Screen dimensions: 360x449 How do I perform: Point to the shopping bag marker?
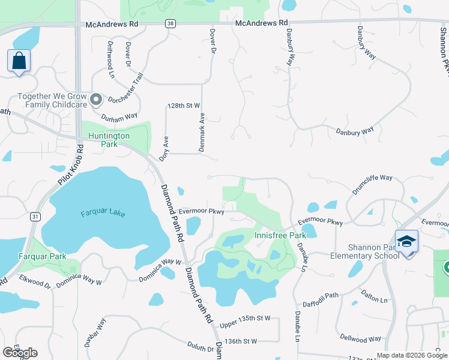[19, 61]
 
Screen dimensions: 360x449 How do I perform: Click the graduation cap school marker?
[406, 242]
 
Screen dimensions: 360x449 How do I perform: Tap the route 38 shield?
[171, 23]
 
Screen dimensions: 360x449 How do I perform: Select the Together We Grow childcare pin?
[96, 100]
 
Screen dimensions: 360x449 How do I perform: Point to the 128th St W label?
[183, 106]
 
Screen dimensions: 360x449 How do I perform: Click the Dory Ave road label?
[163, 148]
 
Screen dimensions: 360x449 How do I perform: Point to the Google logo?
[20, 353]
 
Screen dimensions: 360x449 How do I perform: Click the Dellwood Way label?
[361, 339]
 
